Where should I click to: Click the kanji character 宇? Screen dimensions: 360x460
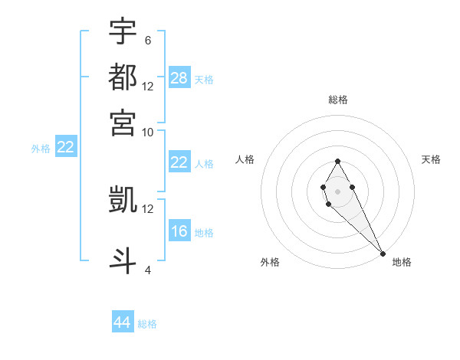(x=123, y=31)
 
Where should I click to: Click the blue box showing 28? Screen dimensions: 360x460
(x=179, y=78)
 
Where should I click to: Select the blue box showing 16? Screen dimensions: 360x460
(x=179, y=231)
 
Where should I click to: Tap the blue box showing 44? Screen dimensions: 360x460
(x=123, y=322)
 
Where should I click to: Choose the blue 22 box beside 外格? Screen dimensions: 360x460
(x=65, y=148)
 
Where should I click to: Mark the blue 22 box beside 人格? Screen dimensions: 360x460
(x=179, y=162)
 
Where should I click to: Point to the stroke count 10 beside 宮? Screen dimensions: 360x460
(x=148, y=131)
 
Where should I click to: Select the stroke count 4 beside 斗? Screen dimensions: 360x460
(x=147, y=270)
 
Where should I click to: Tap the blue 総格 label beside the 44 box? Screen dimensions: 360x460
(x=147, y=324)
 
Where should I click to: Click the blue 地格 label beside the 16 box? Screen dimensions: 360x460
(x=204, y=233)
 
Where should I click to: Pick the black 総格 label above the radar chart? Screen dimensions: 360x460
(x=337, y=100)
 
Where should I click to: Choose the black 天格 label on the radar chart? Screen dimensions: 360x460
(x=431, y=159)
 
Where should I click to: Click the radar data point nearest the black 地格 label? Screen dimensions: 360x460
(x=383, y=253)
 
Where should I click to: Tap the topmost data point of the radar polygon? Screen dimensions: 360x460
(x=337, y=161)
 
